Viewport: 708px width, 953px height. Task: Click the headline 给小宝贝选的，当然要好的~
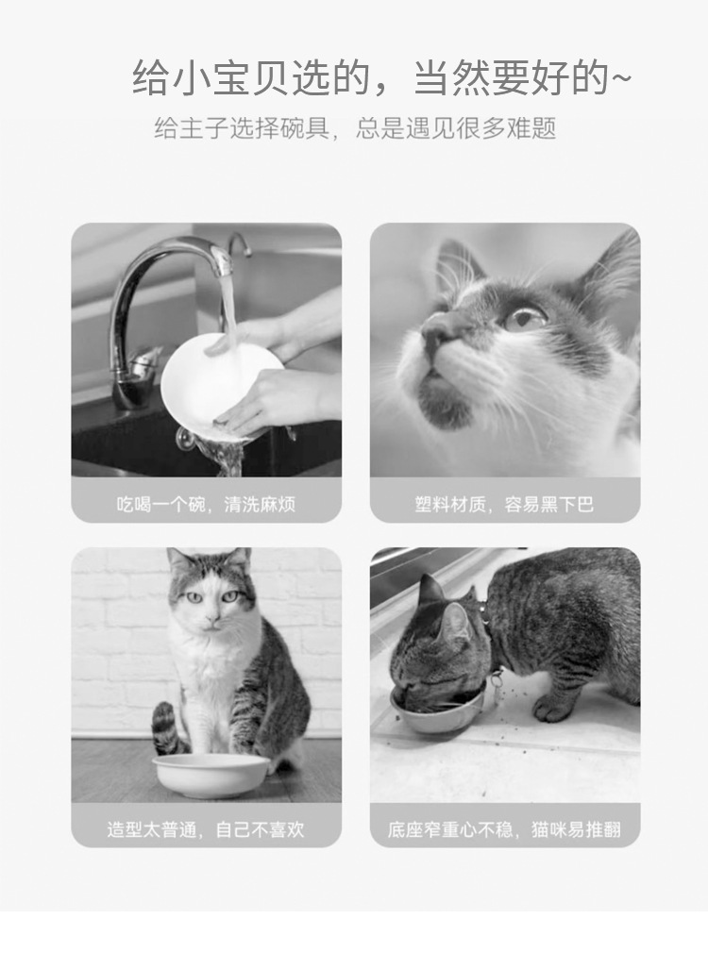[382, 77]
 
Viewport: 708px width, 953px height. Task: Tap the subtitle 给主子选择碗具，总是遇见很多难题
[355, 128]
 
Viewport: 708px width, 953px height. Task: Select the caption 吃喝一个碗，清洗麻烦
[206, 504]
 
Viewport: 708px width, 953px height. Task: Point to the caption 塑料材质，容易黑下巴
[504, 504]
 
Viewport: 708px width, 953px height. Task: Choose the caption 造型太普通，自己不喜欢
[206, 829]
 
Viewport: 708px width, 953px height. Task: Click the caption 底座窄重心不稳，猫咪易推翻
[504, 829]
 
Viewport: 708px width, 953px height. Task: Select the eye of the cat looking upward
[526, 317]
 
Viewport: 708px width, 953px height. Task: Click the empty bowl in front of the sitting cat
[211, 777]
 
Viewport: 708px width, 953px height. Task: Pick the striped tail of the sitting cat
[167, 727]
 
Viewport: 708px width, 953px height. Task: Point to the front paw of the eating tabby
[551, 708]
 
